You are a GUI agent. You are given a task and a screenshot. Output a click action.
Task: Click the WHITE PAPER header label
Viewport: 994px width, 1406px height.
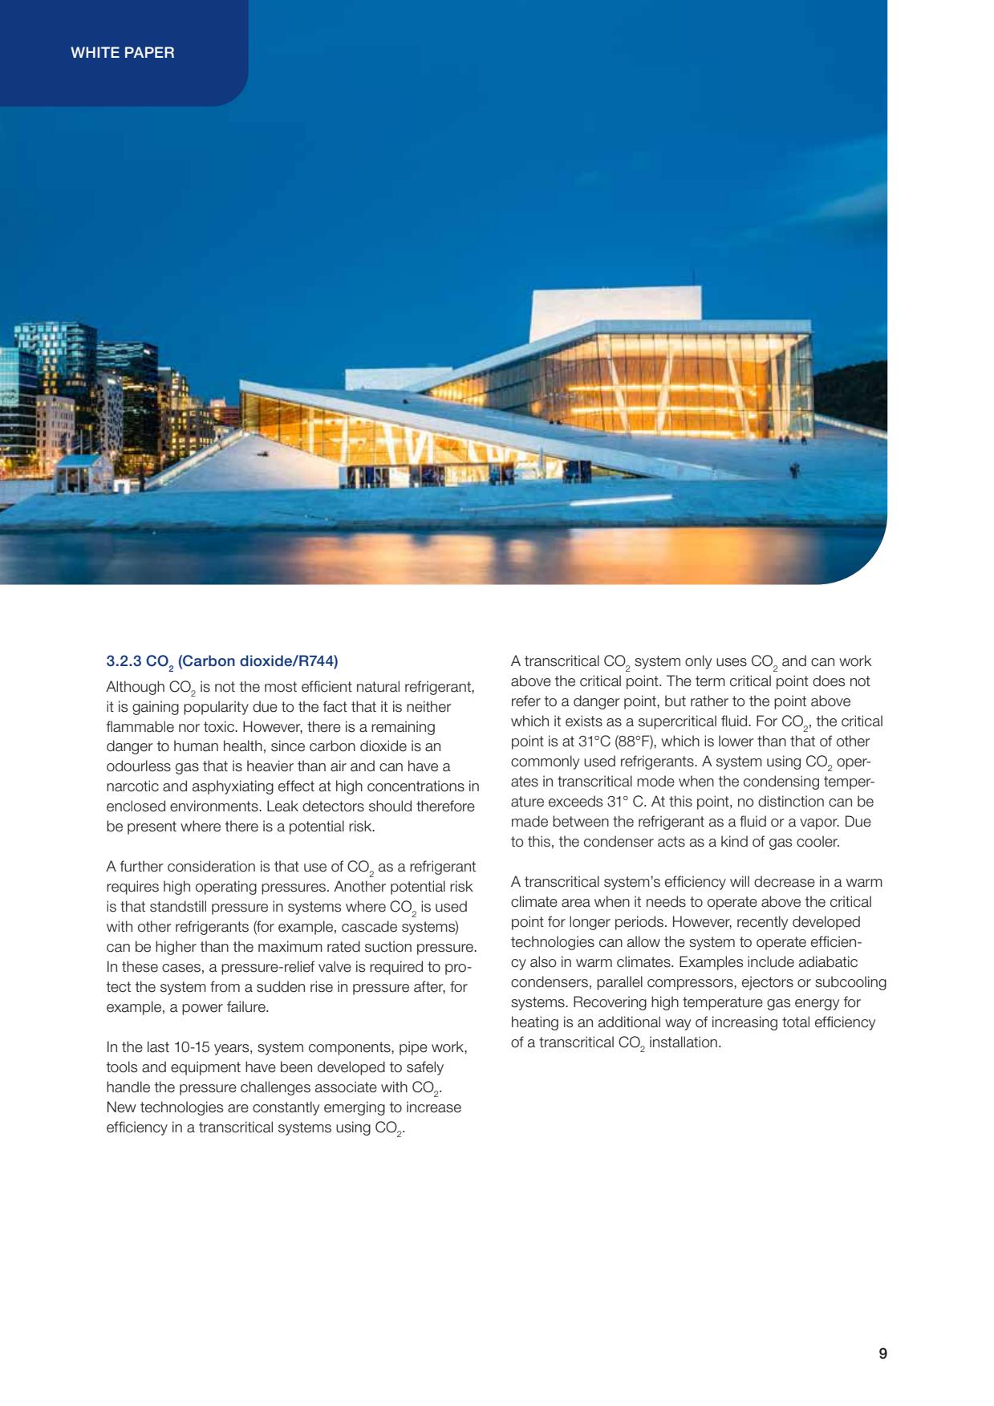click(x=123, y=53)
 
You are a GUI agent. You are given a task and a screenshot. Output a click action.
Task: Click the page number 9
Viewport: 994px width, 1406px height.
click(x=882, y=1353)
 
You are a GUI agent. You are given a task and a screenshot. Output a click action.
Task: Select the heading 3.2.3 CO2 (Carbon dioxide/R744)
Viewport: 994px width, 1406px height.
click(x=222, y=662)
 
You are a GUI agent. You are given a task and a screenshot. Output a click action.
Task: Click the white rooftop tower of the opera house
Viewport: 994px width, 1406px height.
click(x=615, y=309)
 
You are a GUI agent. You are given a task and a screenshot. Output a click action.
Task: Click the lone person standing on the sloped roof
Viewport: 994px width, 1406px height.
click(x=794, y=469)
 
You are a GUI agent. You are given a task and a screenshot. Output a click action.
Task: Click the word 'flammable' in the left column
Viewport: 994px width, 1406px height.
click(x=137, y=727)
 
